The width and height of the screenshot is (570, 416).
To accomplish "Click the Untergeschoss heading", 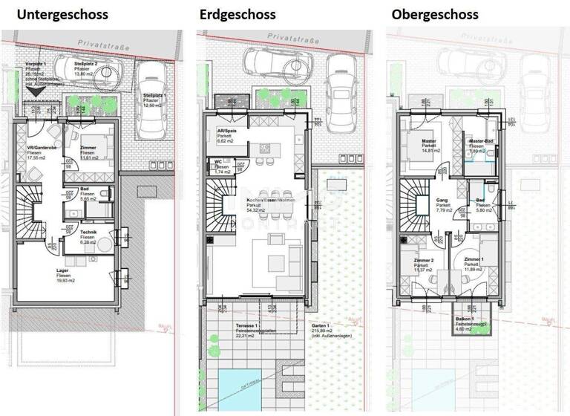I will tap(62, 14).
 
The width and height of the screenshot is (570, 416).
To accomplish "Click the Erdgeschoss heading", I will tap(236, 14).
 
